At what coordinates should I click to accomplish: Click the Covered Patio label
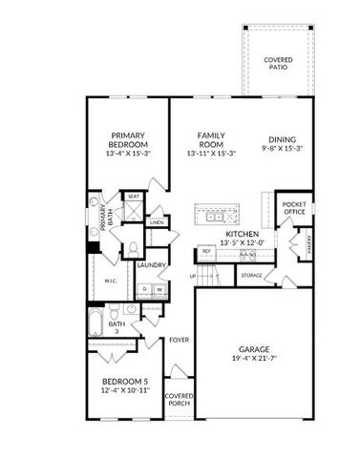(279, 64)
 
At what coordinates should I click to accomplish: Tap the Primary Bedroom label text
(127, 140)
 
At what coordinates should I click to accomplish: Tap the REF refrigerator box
(206, 252)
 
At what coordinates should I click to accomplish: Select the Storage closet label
(251, 276)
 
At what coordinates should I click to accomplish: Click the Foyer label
(179, 339)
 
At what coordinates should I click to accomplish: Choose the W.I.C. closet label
(112, 282)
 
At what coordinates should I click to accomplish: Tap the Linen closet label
(158, 222)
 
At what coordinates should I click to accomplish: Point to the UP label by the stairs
(194, 277)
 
